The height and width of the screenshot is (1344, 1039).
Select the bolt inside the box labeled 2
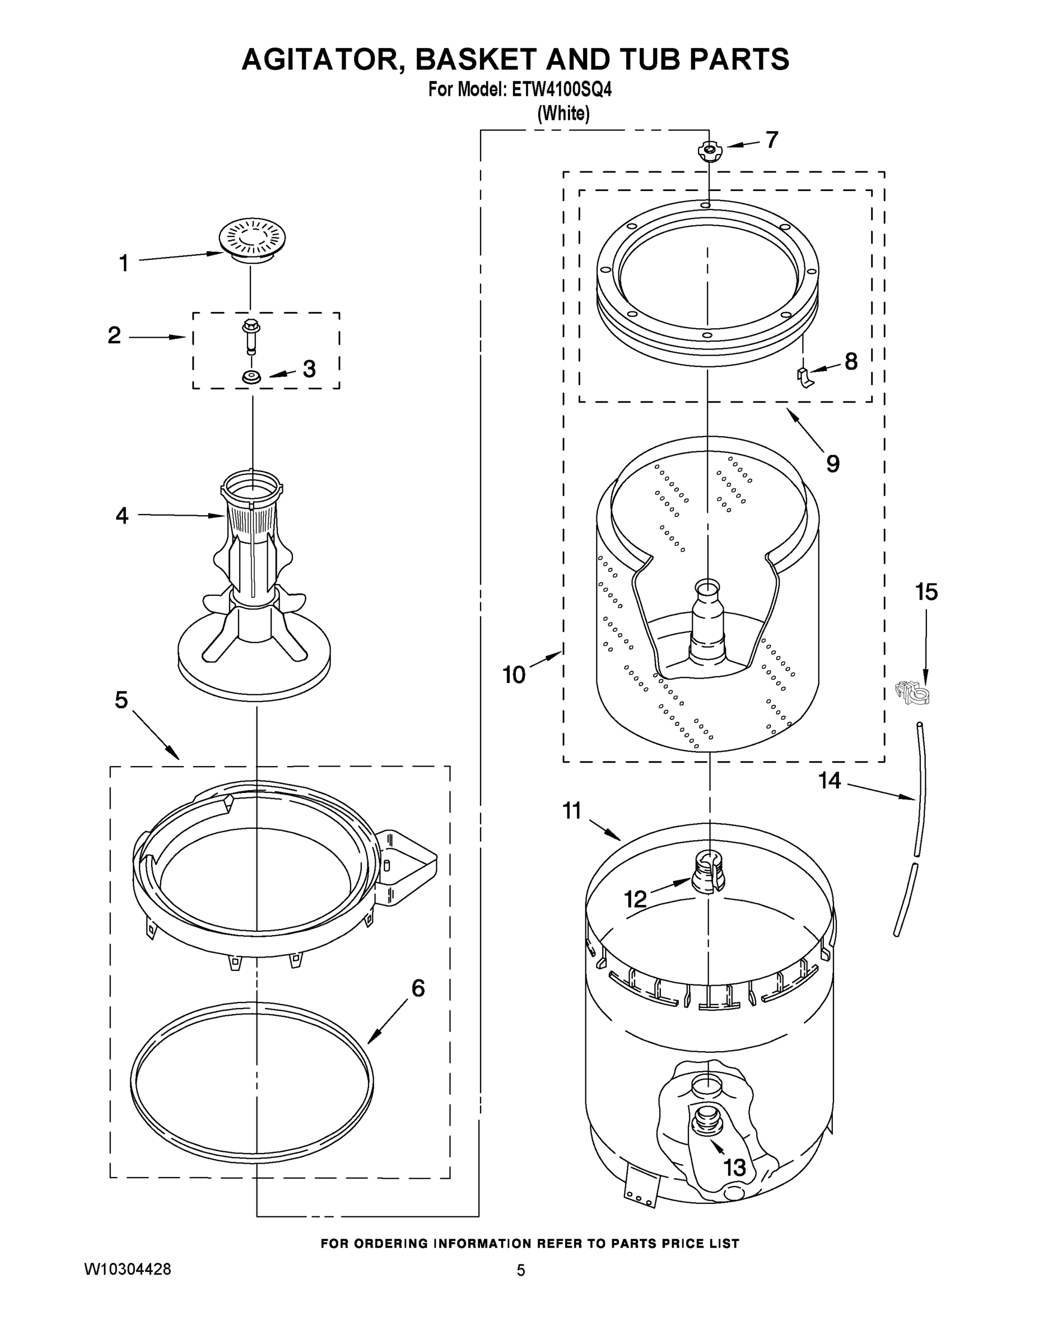coord(251,335)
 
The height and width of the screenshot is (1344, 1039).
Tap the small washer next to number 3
coord(250,377)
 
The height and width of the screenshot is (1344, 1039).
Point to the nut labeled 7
coord(709,150)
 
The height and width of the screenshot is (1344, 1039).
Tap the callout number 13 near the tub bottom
coord(734,1167)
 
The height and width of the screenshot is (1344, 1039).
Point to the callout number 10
coord(514,675)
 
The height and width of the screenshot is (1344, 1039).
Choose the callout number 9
coord(832,463)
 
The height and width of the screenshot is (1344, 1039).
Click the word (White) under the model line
coord(563,113)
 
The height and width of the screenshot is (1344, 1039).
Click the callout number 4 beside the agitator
coord(122,516)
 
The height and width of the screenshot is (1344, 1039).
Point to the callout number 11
coord(572,811)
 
